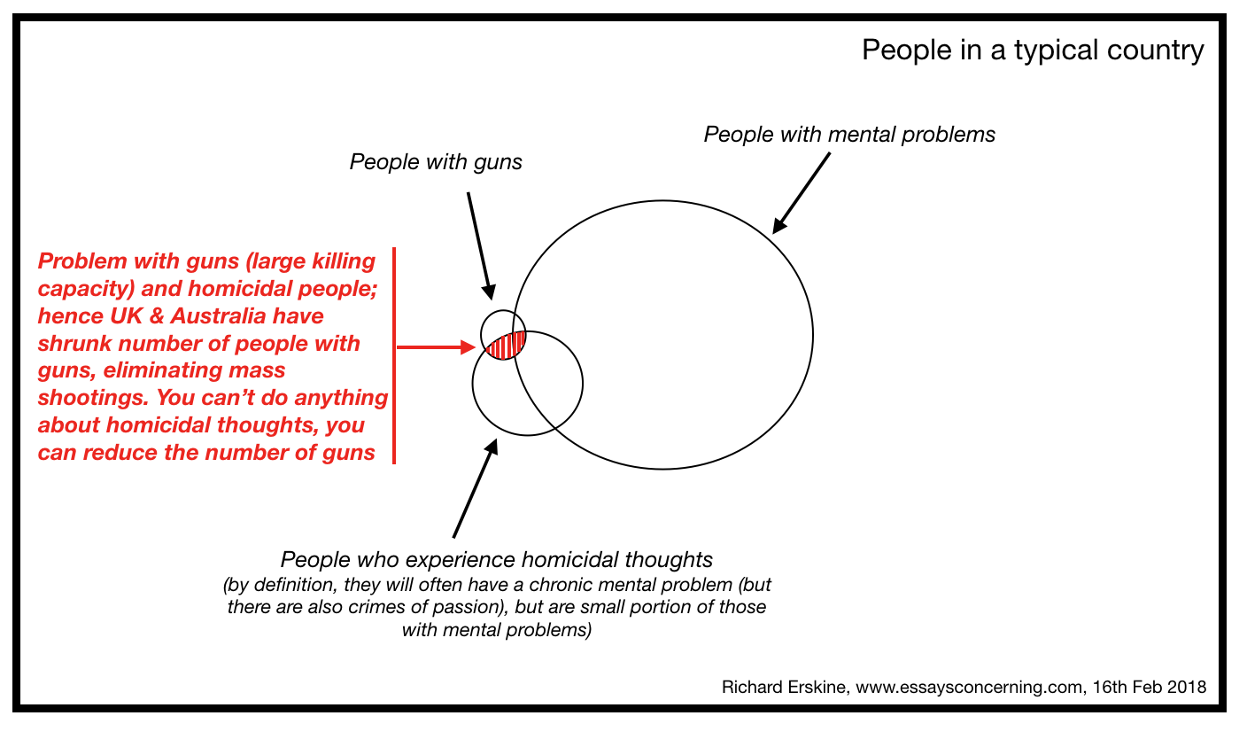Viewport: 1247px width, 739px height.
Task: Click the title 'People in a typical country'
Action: (x=1033, y=51)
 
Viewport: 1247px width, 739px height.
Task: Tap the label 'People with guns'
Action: (x=437, y=162)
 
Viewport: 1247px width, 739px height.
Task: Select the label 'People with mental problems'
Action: (x=849, y=135)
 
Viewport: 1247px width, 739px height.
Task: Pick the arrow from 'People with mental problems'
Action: (x=802, y=193)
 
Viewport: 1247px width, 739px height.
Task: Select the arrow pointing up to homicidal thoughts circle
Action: (x=475, y=487)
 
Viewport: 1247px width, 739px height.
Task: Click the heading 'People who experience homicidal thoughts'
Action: (x=496, y=560)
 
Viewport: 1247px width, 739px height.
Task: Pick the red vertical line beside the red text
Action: (x=394, y=355)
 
